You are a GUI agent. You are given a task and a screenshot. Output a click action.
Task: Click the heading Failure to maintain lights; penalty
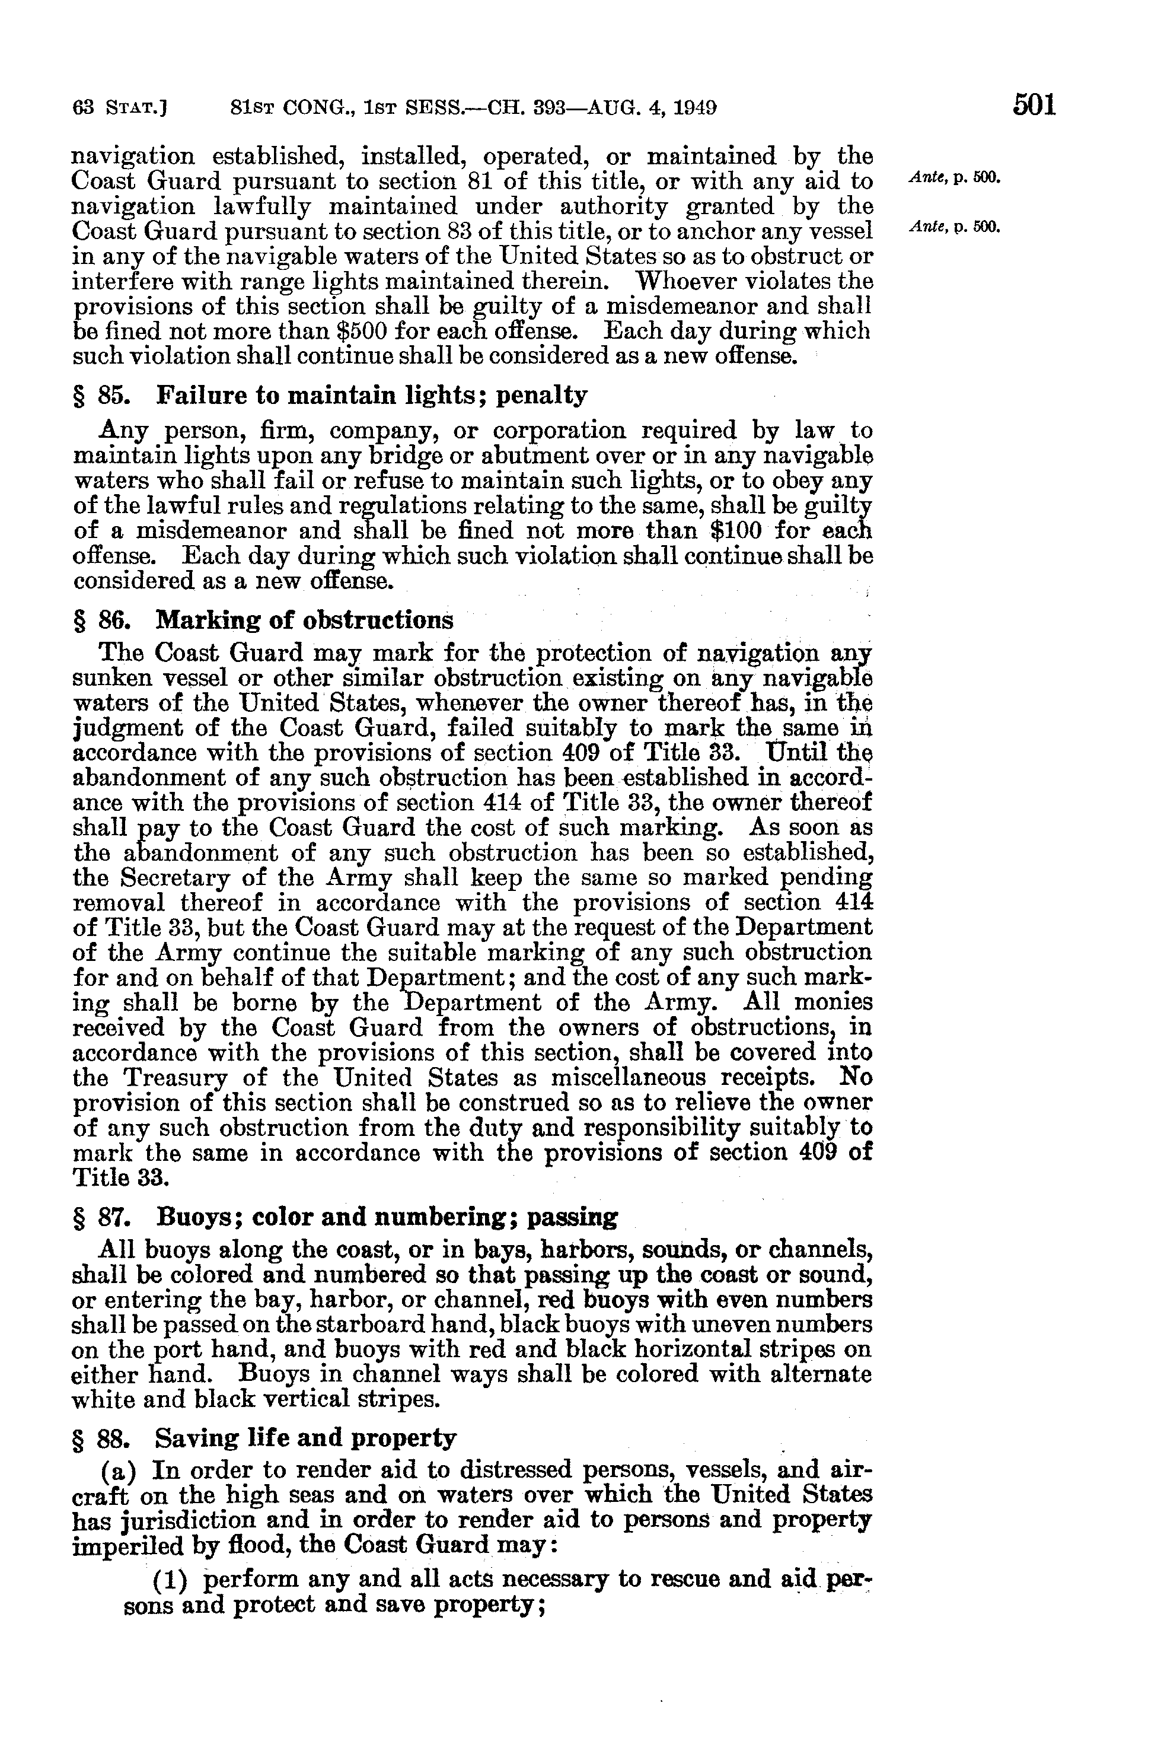pos(372,396)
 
